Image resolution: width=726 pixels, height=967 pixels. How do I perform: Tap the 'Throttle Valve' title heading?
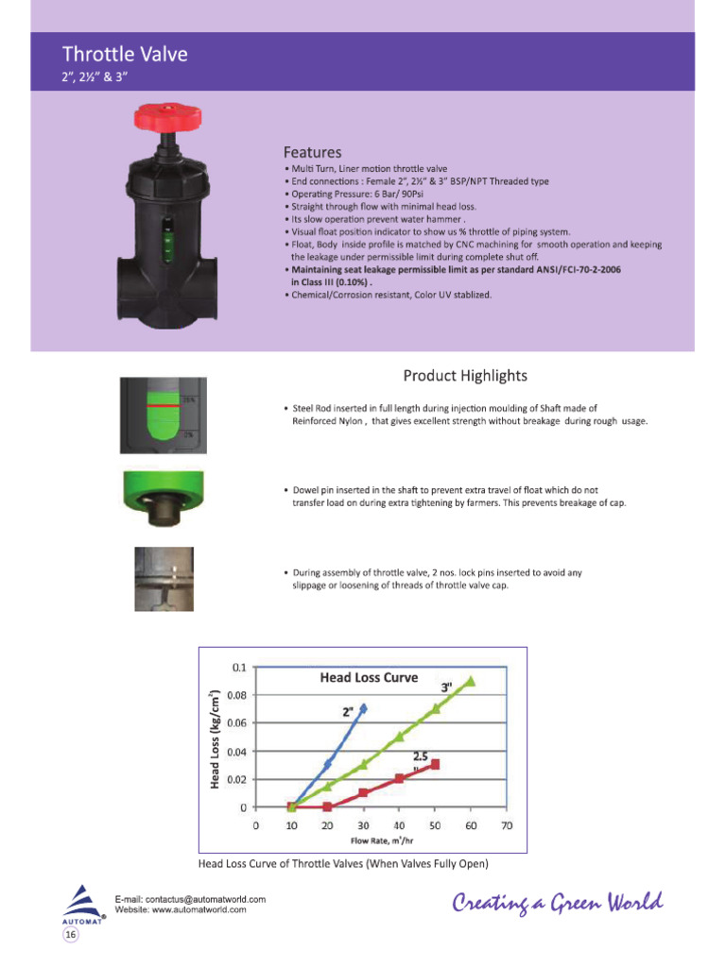(x=125, y=54)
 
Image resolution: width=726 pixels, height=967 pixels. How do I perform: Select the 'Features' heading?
(x=313, y=151)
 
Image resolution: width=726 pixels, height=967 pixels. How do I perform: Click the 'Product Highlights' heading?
(x=465, y=376)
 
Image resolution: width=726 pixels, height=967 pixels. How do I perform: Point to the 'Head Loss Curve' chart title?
(x=369, y=677)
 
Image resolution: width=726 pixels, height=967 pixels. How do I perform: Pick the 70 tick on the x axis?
(x=506, y=826)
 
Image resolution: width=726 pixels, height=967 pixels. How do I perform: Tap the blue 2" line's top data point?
(x=363, y=707)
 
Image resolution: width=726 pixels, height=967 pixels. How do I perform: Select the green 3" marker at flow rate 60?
(x=471, y=680)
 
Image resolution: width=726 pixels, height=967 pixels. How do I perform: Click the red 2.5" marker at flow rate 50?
(x=435, y=764)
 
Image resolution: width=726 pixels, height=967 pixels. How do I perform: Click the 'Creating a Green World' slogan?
(x=558, y=904)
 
